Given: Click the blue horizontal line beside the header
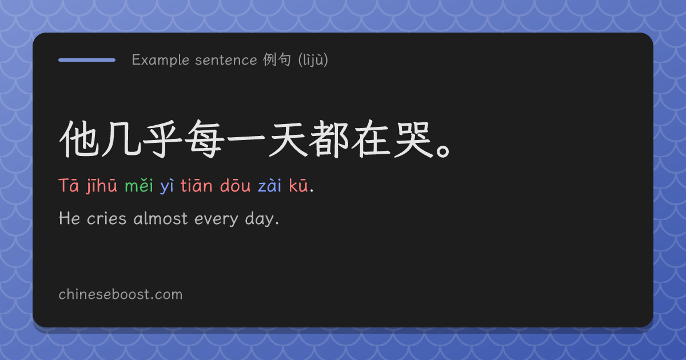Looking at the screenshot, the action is (x=87, y=60).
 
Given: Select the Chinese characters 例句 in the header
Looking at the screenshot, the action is (x=277, y=59).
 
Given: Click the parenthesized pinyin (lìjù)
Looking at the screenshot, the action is (x=313, y=59).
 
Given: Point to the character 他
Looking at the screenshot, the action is (x=79, y=139).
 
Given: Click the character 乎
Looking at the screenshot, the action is (x=162, y=139).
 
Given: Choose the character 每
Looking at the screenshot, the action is (x=204, y=139).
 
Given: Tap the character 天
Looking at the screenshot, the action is (x=288, y=139).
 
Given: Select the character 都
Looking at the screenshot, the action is (x=329, y=139).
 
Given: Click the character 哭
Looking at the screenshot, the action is (x=413, y=139).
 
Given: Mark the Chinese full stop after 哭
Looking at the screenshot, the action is (x=443, y=151).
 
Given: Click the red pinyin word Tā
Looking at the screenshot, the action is (x=69, y=186).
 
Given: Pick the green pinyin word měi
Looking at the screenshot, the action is (x=139, y=186).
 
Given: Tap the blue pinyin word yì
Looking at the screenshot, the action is (x=167, y=186).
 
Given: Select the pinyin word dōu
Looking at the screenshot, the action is (x=235, y=186).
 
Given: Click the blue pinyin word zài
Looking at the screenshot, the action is (x=269, y=186).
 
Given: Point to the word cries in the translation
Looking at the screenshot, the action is (x=106, y=218).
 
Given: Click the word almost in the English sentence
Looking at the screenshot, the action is (x=161, y=218).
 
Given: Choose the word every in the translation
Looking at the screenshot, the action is (x=216, y=219).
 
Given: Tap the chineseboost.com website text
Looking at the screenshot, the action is (x=121, y=294).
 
